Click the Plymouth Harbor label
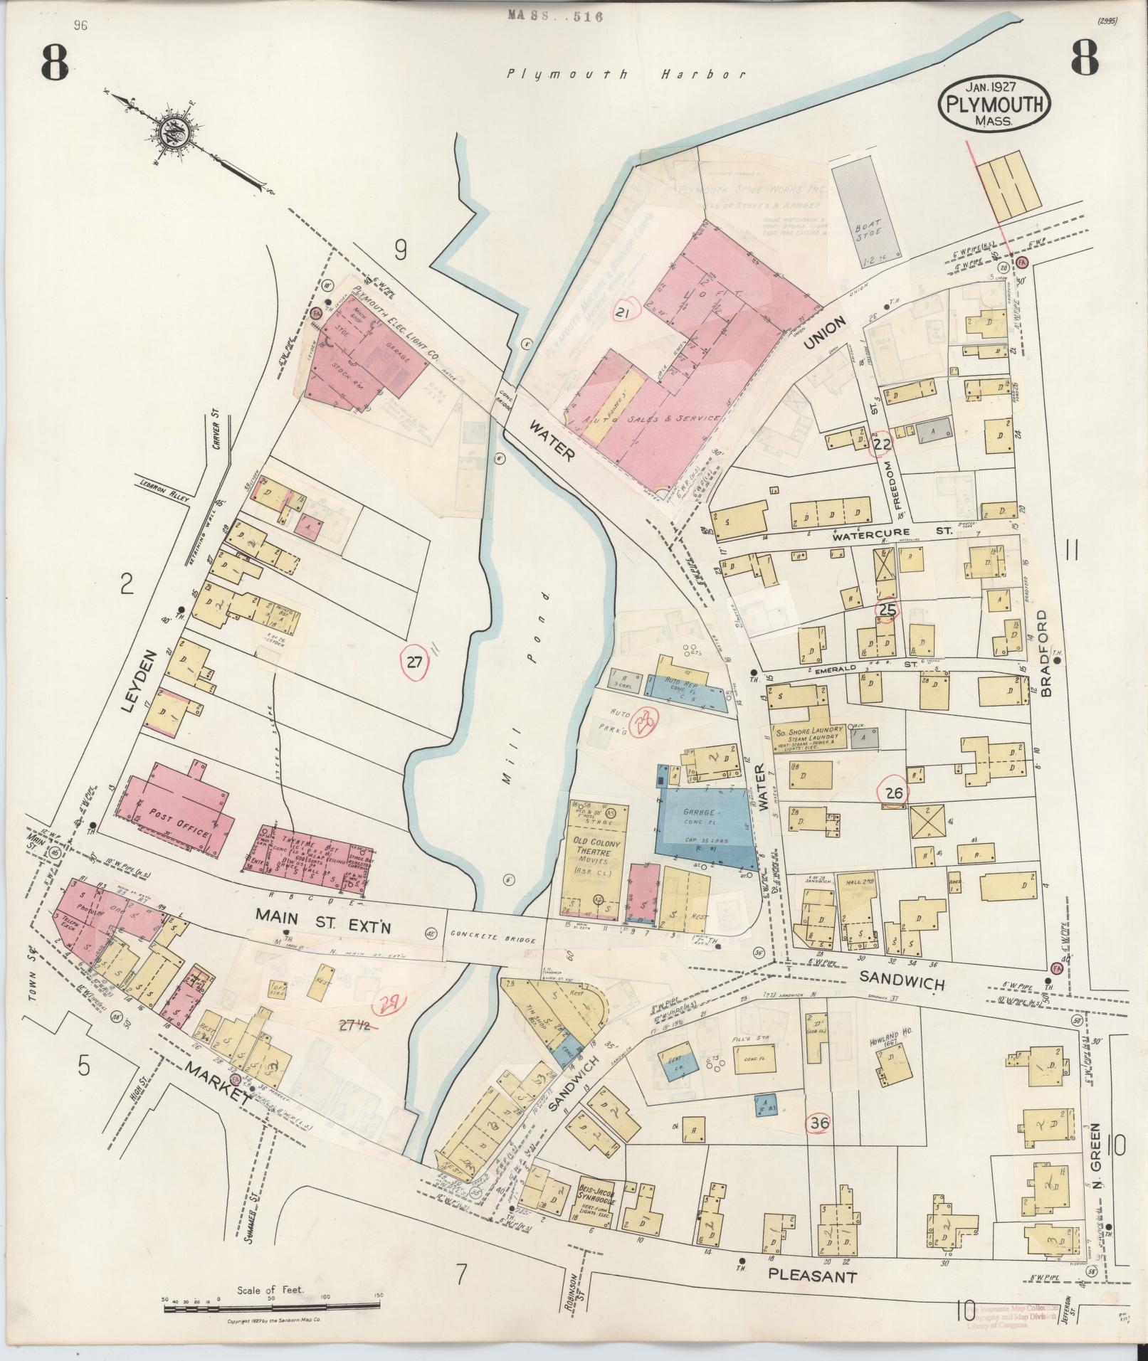(x=626, y=74)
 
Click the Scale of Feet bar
(x=270, y=1305)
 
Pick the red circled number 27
(x=414, y=662)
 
